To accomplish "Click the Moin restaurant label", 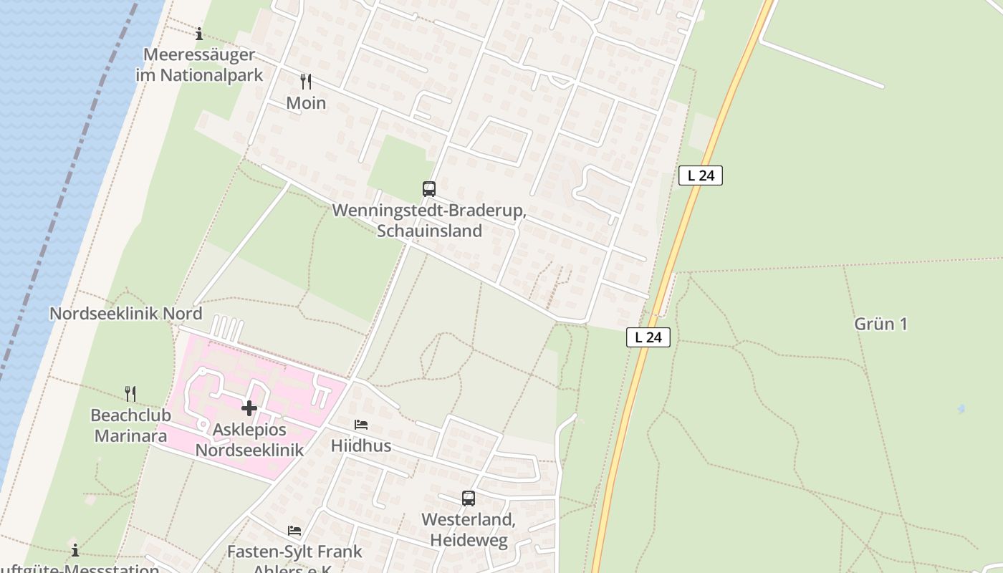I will (306, 103).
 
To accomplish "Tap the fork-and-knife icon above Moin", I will (306, 82).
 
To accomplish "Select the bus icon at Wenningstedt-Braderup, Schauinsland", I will (429, 189).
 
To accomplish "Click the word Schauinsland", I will (429, 231).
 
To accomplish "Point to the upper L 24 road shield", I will (701, 175).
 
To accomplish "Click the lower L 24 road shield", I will (648, 337).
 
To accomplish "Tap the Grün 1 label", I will (880, 324).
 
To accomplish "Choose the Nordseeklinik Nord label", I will (125, 314).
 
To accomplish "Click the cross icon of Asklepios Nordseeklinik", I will (249, 408).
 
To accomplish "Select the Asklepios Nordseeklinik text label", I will (249, 440).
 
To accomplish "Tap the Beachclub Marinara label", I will (130, 425).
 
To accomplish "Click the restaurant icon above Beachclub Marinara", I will (130, 393).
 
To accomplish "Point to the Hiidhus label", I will (361, 446).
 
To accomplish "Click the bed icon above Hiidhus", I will (361, 425).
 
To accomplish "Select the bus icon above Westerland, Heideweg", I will (469, 498).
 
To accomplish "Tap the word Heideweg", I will (469, 539).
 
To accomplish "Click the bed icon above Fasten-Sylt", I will (294, 531).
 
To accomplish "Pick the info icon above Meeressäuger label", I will (199, 34).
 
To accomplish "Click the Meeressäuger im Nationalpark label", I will (199, 64).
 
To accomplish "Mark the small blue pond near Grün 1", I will (961, 409).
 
